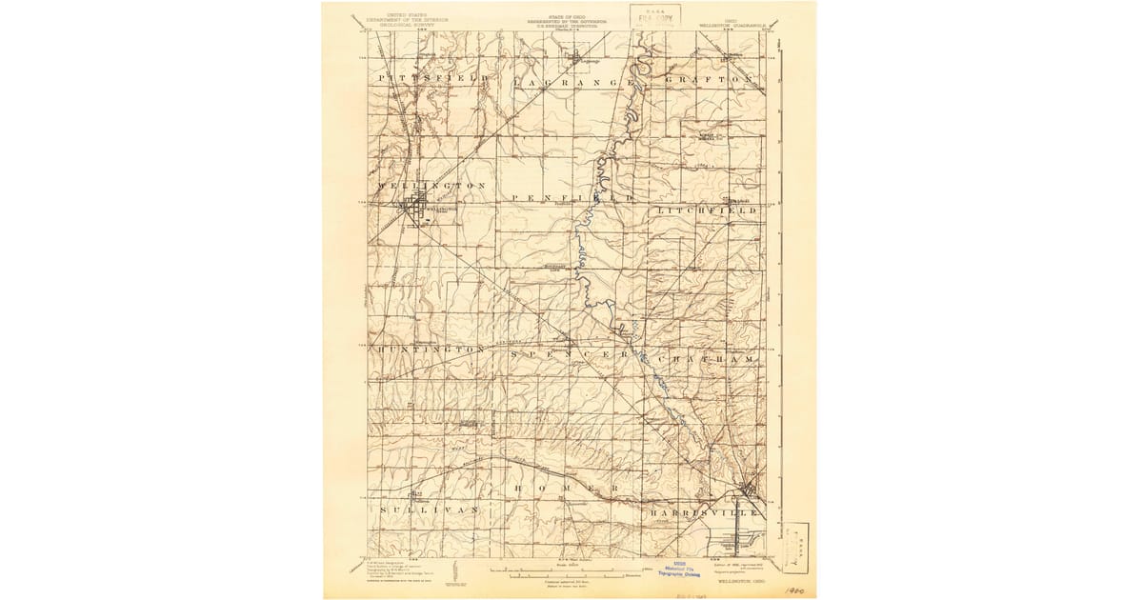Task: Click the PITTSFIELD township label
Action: click(433, 76)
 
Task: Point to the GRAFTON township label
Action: click(711, 78)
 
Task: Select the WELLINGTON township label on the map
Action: click(431, 185)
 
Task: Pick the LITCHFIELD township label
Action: click(706, 210)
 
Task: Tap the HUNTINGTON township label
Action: click(432, 350)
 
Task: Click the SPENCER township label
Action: click(570, 354)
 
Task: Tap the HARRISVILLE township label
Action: click(705, 513)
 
